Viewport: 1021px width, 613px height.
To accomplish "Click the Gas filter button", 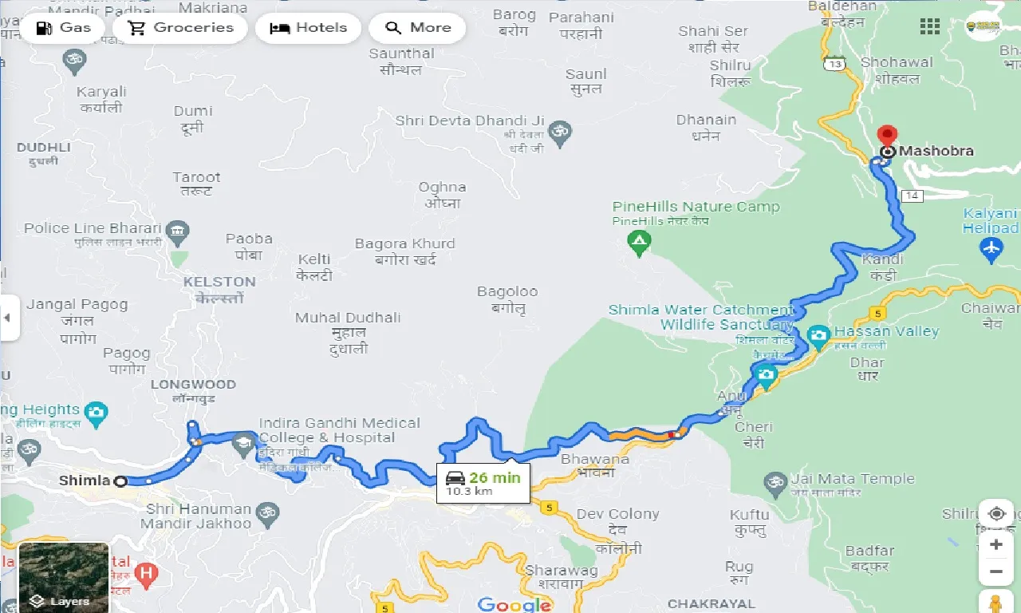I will click(x=62, y=28).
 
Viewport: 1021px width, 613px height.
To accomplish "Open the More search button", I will click(x=418, y=28).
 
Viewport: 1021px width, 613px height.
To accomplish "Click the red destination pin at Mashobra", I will click(x=887, y=136).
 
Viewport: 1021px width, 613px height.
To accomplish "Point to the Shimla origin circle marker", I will click(x=120, y=481).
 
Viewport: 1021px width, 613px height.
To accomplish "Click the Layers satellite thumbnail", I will click(x=64, y=576).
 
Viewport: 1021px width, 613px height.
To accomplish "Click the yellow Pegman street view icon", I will click(x=995, y=602).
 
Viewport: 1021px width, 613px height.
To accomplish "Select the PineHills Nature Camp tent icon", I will click(x=638, y=240).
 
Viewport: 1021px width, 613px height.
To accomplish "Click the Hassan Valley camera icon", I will click(x=818, y=336).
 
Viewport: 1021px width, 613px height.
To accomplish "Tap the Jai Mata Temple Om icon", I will click(x=774, y=481).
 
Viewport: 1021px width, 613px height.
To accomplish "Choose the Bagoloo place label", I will click(x=507, y=292).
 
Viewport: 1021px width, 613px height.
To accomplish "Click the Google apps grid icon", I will click(x=929, y=26).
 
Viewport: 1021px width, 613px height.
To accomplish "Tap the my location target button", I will click(x=995, y=513).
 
